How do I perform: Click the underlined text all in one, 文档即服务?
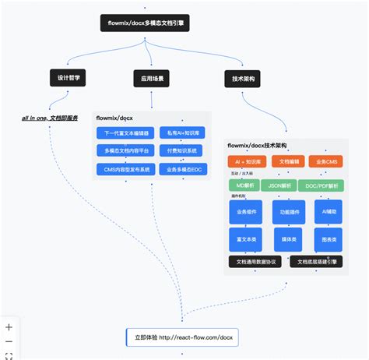[x=50, y=118]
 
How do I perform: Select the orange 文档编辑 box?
[x=287, y=161]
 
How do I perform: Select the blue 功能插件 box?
[x=287, y=211]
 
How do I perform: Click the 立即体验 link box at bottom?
[x=183, y=337]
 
